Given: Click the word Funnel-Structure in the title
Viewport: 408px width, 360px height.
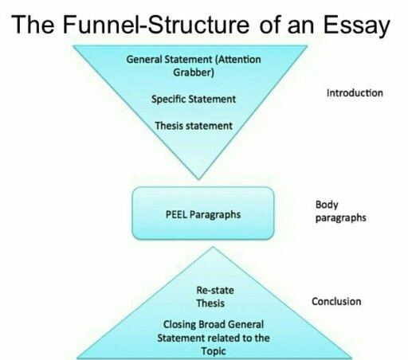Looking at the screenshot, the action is point(156,24).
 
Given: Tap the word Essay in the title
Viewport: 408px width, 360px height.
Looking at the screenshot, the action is point(357,26).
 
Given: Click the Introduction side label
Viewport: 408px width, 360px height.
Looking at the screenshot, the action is point(355,93).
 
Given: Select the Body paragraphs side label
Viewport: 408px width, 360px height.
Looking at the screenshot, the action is point(341,211).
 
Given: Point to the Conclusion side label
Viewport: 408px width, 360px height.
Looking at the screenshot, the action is point(336,301).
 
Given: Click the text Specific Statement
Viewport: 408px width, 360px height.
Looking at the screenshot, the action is point(194,100).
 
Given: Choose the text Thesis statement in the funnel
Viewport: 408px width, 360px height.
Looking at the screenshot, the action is point(194,126).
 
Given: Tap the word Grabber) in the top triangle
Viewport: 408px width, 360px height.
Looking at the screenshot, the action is point(194,72).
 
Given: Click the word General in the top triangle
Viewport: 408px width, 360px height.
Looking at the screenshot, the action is point(144,59).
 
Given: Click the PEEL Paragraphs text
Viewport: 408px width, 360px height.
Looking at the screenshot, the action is point(203,214).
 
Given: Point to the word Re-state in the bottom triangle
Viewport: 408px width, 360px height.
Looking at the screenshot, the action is point(215,290).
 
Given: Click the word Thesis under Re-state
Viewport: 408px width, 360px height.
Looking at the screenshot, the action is point(210,303).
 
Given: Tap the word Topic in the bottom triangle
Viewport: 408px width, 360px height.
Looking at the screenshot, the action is point(214,351).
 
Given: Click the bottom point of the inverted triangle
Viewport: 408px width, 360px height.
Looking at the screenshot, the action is point(198,179).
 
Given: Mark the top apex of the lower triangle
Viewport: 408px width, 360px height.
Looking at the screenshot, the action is point(213,247).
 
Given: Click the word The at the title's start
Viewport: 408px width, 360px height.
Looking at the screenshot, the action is point(33,24).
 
